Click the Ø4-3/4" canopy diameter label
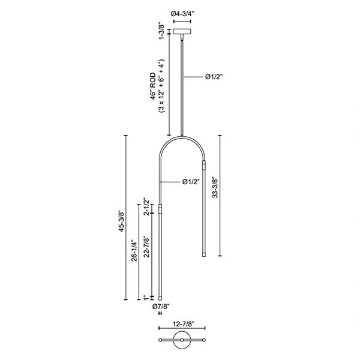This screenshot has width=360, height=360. pos(182,14)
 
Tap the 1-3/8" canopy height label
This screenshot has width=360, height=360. pos(161,31)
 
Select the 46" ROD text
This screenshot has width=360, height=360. pos(153,86)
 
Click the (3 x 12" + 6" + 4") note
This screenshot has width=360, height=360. pos(161,86)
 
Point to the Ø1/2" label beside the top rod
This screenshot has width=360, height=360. pos(214,77)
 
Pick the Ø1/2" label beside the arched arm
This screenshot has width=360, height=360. pos(191,182)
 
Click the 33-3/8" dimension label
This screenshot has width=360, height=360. pos(215,187)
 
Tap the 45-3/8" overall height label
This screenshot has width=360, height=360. pos(121,221)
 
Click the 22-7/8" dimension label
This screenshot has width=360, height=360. pos(146,247)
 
